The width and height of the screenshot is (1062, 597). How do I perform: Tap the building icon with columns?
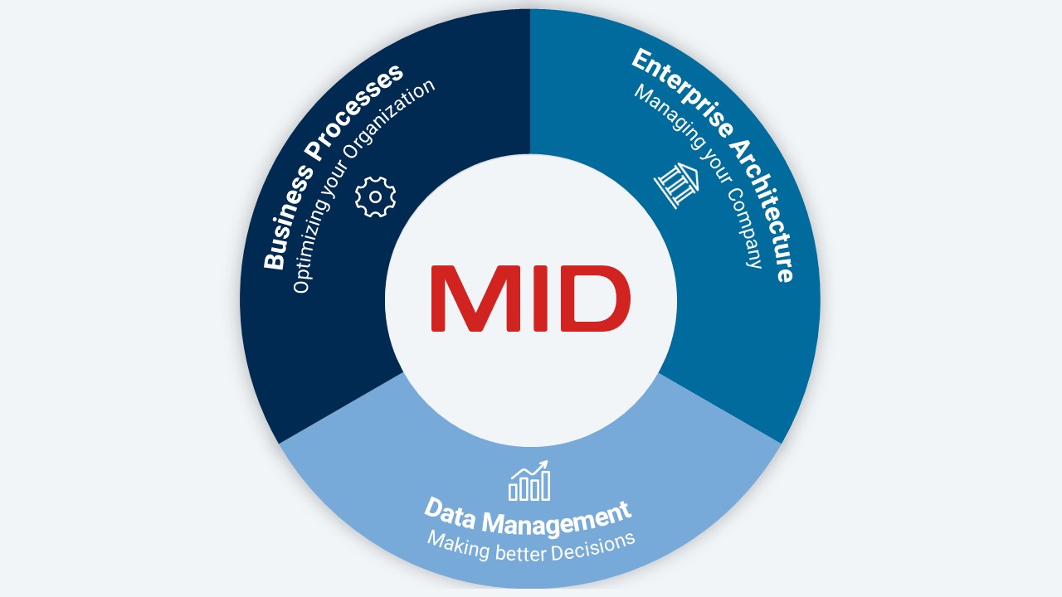coord(677,185)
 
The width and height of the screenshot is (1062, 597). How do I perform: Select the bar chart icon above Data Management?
coord(529,480)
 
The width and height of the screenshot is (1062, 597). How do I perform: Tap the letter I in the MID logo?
coord(541,298)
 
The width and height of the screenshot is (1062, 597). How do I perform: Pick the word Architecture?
coord(764,211)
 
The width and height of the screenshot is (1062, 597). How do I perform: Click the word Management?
coord(556,520)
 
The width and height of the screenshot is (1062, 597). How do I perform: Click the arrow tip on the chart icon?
coord(546,461)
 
